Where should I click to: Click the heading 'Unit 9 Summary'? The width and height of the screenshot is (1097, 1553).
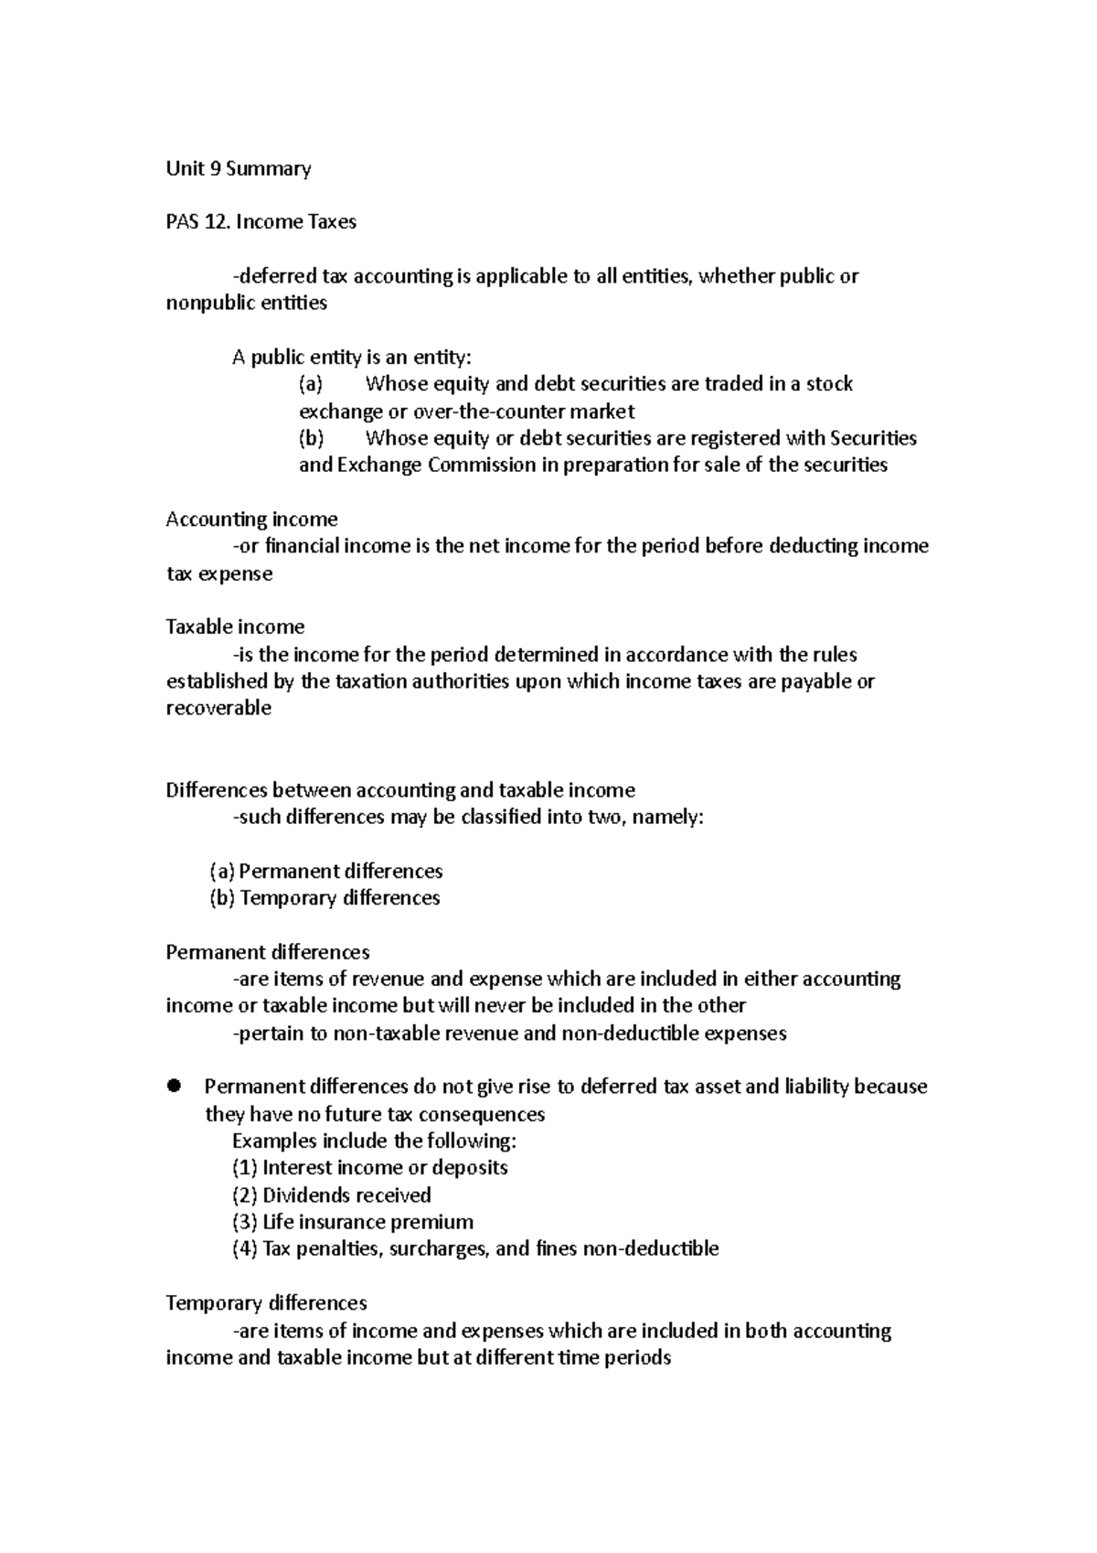tap(238, 168)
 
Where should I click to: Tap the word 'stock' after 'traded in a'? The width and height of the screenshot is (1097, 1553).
tap(828, 384)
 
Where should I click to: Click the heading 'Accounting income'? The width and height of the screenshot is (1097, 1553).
tap(251, 519)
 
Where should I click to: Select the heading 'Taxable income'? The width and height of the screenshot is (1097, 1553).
tap(235, 627)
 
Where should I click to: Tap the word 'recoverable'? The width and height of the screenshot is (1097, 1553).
tap(218, 709)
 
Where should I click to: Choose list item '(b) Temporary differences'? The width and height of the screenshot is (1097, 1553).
tap(325, 898)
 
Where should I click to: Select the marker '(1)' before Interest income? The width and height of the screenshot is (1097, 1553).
tap(244, 1168)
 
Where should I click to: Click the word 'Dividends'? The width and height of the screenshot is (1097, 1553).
tap(305, 1195)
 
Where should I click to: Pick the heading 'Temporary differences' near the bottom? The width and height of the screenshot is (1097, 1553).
tap(266, 1303)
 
